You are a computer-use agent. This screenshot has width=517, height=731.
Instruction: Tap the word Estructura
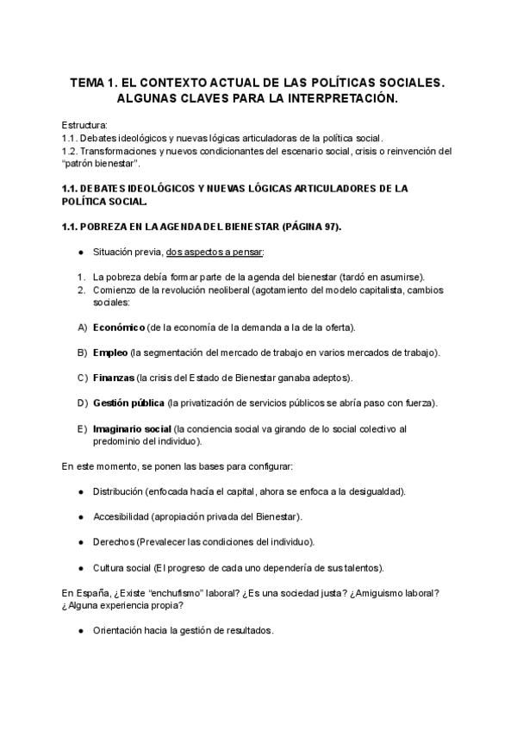click(85, 126)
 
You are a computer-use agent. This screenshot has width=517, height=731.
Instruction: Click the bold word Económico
click(119, 328)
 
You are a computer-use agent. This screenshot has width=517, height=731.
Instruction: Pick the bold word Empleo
click(111, 353)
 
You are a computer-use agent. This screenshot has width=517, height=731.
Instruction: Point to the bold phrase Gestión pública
click(128, 403)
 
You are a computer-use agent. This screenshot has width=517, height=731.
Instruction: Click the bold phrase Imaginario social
click(132, 428)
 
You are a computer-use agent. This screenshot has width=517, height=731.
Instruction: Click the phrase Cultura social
click(121, 567)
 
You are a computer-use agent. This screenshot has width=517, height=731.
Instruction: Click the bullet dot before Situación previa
click(80, 252)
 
